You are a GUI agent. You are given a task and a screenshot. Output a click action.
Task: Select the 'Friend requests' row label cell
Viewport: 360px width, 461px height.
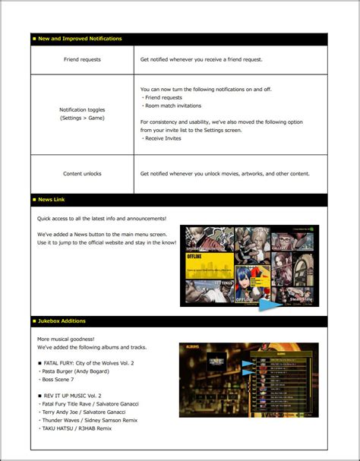point(82,58)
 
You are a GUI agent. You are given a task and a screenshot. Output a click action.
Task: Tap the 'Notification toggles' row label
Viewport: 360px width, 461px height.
point(82,109)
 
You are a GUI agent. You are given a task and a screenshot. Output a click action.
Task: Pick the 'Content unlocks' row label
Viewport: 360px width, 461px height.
point(82,173)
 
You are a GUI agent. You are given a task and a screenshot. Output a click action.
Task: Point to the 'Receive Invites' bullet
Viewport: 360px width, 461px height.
point(163,138)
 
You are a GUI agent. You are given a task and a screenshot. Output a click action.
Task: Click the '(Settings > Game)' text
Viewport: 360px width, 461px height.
point(82,118)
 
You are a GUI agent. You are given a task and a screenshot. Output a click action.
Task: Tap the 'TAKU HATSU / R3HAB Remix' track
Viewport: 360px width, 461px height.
point(76,428)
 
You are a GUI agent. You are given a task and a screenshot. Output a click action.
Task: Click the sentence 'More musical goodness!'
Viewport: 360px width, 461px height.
point(66,339)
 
